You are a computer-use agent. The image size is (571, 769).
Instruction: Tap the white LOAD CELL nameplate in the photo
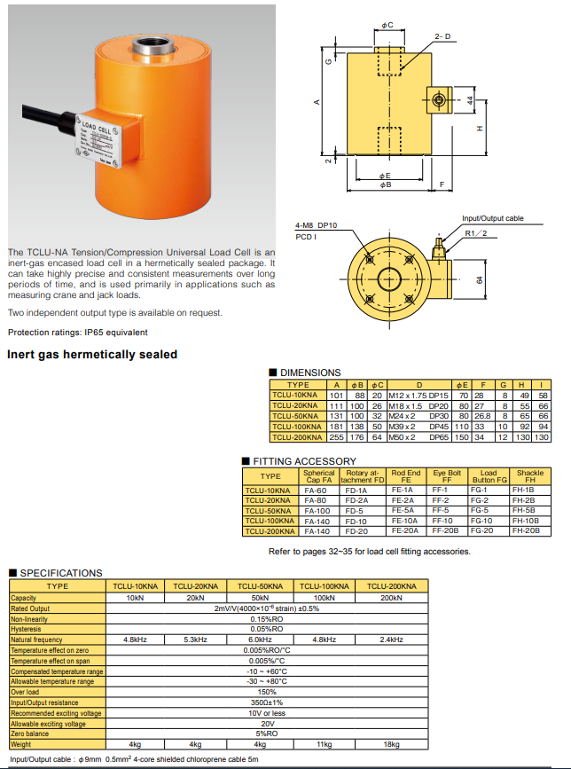click(x=98, y=140)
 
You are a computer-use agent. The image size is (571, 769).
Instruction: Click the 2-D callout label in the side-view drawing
click(x=442, y=36)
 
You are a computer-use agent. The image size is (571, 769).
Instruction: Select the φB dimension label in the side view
click(x=385, y=184)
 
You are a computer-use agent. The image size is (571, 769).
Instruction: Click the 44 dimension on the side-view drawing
click(x=470, y=100)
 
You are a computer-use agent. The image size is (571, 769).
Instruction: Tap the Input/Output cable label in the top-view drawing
click(x=493, y=218)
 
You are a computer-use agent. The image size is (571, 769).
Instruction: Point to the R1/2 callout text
click(x=476, y=233)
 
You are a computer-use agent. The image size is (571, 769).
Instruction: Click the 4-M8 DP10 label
click(x=317, y=225)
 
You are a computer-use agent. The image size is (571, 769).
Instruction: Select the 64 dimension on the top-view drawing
click(x=480, y=280)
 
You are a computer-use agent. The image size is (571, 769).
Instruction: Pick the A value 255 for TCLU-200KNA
click(x=336, y=437)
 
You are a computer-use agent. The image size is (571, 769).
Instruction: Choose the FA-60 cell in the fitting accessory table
click(x=315, y=490)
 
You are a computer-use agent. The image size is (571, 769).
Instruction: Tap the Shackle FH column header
click(x=530, y=476)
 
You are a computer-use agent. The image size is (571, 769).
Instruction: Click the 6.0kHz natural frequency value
click(x=260, y=640)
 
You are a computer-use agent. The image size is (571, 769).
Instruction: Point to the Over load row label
click(x=25, y=692)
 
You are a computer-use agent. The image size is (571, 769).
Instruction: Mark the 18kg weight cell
click(x=391, y=744)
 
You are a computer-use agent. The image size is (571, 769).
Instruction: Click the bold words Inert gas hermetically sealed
click(x=92, y=355)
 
